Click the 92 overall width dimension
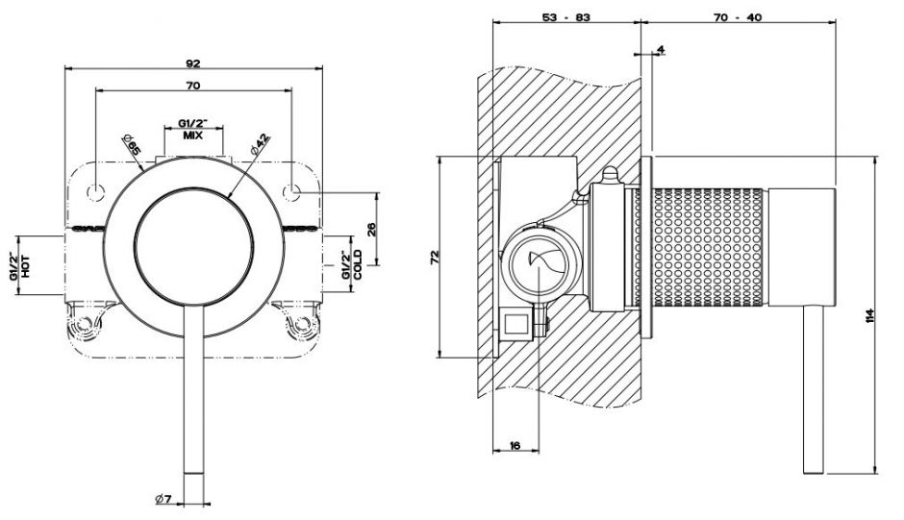[192, 62]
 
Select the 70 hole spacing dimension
[192, 87]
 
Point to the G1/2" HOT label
[20, 265]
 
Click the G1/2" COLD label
[351, 264]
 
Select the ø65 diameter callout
[133, 146]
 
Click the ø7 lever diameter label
[163, 499]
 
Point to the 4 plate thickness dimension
[662, 49]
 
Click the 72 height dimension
[435, 257]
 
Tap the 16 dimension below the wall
[515, 446]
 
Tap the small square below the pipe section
[516, 324]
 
